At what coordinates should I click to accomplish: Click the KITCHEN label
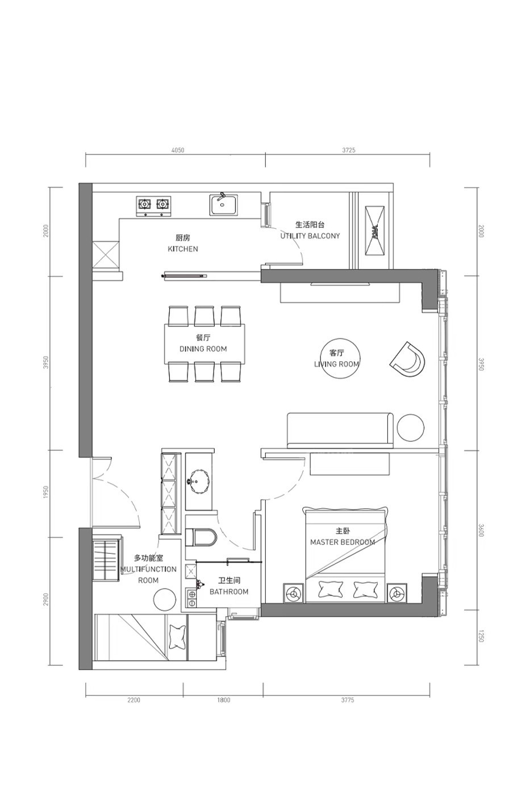(x=183, y=249)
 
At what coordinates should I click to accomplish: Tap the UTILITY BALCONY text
(x=310, y=236)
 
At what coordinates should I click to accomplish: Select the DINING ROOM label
(x=203, y=349)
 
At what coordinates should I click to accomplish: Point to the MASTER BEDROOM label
(x=343, y=542)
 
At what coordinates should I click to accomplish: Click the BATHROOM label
(x=229, y=592)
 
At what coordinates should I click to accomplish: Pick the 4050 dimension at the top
(x=178, y=150)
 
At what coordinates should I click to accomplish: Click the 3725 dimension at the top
(x=349, y=150)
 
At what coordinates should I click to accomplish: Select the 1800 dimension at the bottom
(x=223, y=700)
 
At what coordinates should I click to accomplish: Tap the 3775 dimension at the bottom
(x=348, y=700)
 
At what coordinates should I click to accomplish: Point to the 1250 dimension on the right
(x=481, y=636)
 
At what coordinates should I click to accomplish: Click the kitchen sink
(x=223, y=204)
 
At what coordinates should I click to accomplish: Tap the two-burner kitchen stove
(x=153, y=206)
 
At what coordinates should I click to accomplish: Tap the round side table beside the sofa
(x=410, y=428)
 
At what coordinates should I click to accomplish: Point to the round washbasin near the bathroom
(x=200, y=481)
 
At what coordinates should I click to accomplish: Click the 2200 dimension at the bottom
(x=134, y=700)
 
